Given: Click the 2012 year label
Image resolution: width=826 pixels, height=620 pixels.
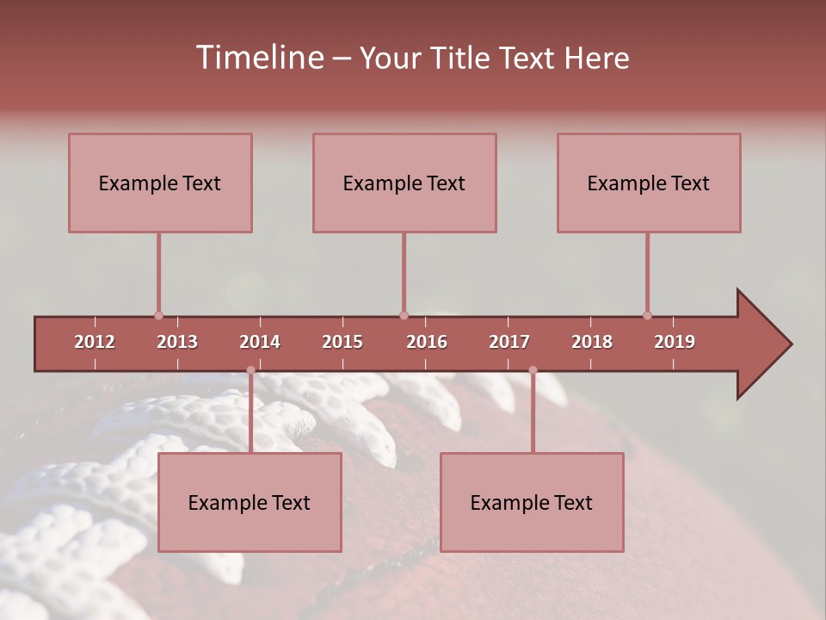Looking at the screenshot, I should click(x=95, y=342).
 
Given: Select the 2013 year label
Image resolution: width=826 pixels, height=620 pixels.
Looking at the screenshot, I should click(x=177, y=342).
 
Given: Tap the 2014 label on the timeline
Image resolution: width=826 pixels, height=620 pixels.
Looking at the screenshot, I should click(x=260, y=342).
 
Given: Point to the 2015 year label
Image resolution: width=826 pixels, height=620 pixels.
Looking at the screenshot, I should click(x=342, y=342).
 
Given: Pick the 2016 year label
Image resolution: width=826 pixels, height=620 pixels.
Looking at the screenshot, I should click(x=427, y=342).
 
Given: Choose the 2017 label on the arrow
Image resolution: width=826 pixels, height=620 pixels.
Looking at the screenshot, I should click(x=509, y=342).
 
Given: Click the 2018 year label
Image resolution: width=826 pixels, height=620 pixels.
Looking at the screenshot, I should click(x=592, y=342).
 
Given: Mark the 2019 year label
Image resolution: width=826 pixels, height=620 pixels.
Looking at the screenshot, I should click(x=675, y=342).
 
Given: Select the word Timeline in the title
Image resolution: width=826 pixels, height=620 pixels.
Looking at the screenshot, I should click(x=258, y=58).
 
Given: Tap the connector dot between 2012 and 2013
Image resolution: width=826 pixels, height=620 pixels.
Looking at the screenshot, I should click(x=158, y=315).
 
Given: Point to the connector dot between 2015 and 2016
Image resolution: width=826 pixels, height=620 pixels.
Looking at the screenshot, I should click(x=404, y=315).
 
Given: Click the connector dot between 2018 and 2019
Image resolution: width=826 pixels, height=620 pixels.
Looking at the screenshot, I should click(x=647, y=315).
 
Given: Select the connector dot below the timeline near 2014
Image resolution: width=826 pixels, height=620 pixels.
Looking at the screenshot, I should click(x=250, y=370).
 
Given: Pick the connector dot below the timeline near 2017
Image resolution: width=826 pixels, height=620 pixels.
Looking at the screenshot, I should click(x=533, y=370).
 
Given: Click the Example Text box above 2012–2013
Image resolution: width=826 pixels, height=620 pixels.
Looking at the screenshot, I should click(x=160, y=183).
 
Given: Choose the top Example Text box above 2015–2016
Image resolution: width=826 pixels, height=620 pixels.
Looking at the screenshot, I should click(x=404, y=183).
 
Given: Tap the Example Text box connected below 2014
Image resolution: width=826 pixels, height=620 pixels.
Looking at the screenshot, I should click(x=250, y=502).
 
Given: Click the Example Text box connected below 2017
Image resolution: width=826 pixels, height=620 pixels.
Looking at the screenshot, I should click(x=532, y=502).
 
